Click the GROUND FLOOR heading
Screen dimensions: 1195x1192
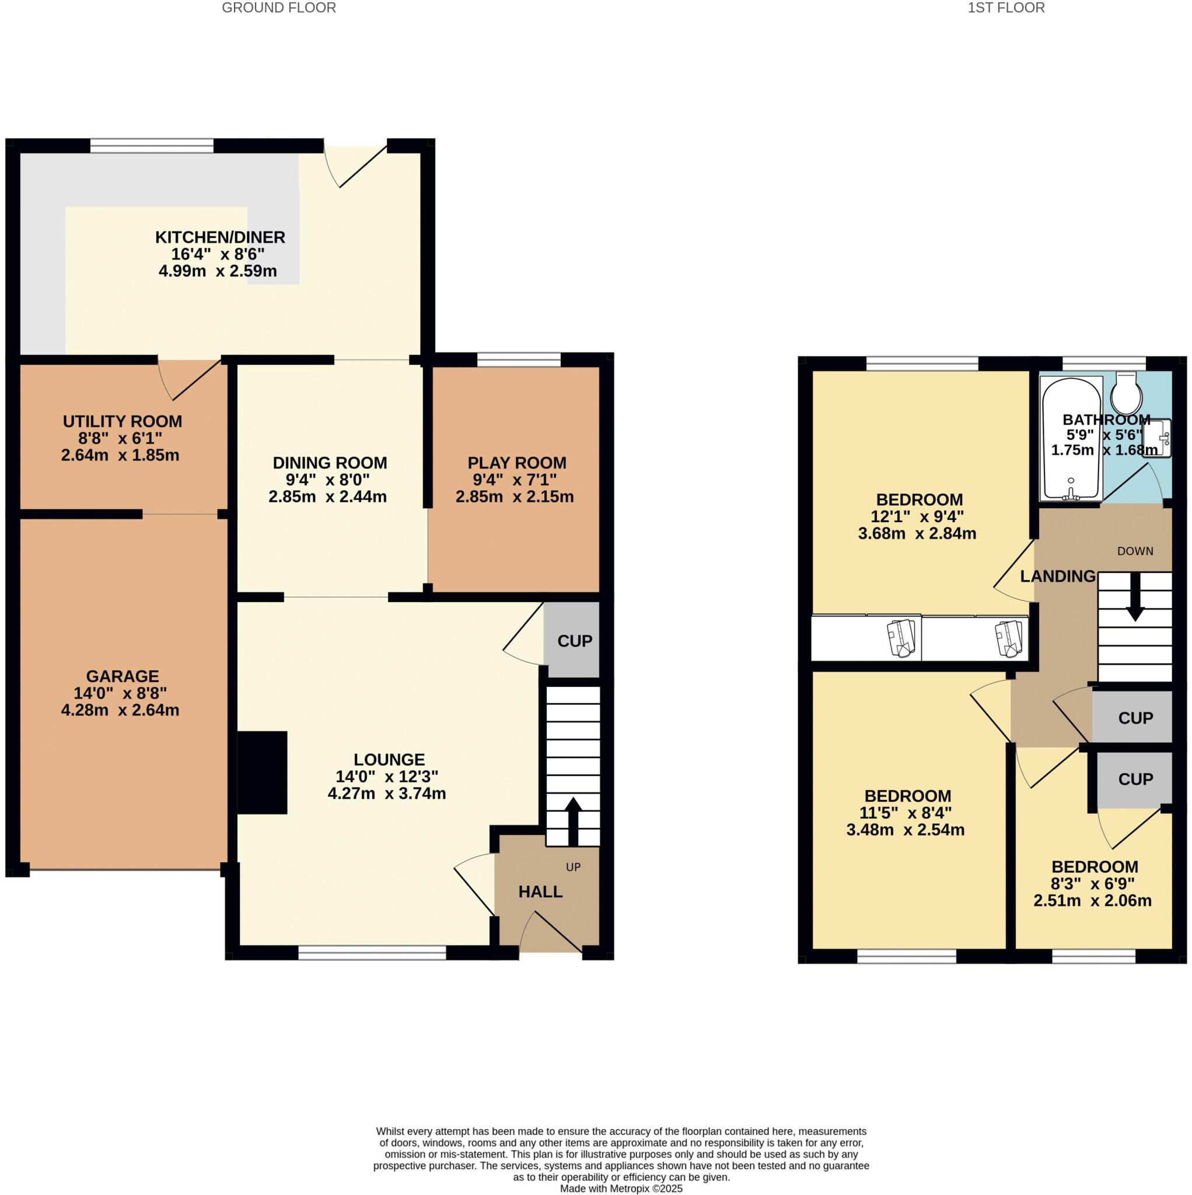click(x=278, y=8)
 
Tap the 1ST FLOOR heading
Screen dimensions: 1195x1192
click(x=1006, y=8)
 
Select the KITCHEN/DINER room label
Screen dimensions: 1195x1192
click(x=219, y=237)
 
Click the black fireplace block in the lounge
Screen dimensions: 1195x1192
click(x=263, y=772)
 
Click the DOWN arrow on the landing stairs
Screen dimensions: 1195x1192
click(x=1134, y=597)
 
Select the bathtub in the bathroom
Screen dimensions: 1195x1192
click(x=1071, y=438)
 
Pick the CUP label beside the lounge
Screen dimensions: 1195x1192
click(x=575, y=641)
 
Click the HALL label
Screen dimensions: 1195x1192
click(x=540, y=892)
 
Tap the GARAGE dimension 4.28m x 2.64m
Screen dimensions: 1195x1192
click(x=120, y=710)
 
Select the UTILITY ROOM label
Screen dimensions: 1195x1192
click(x=123, y=421)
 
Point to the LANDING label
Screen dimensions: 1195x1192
click(x=1057, y=576)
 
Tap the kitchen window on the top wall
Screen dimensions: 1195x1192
click(x=152, y=146)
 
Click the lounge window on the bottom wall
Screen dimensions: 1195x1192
click(x=372, y=953)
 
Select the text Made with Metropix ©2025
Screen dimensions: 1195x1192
click(x=621, y=1189)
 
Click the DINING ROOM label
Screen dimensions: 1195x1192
click(x=330, y=463)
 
